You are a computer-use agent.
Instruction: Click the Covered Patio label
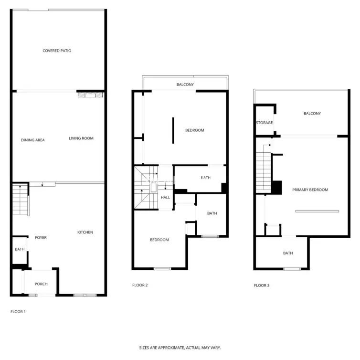click(x=57, y=51)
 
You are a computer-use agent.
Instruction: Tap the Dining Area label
click(x=33, y=140)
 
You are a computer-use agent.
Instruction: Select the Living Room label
click(x=81, y=138)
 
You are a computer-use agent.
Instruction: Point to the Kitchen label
click(x=85, y=233)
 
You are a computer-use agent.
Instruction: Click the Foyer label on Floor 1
click(x=41, y=238)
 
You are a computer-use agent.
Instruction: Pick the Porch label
click(x=41, y=284)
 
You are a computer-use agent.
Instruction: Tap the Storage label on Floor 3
click(x=265, y=123)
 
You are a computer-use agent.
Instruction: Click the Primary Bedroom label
click(x=310, y=190)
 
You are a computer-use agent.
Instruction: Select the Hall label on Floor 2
click(x=165, y=198)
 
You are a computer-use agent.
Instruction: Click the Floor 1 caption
click(x=18, y=312)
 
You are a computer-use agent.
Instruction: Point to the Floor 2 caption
click(x=140, y=285)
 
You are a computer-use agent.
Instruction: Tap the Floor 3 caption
click(x=262, y=286)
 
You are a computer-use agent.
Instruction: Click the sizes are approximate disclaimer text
click(x=180, y=348)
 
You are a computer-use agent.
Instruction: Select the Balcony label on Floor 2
click(x=185, y=85)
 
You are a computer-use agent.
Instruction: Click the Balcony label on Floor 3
click(x=312, y=114)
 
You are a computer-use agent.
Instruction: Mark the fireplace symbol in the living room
click(x=90, y=95)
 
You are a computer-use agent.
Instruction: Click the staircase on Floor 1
click(x=20, y=200)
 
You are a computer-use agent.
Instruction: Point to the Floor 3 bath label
click(x=288, y=253)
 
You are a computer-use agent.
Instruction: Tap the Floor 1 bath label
click(x=20, y=249)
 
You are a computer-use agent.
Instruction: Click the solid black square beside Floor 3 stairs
click(x=276, y=188)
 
